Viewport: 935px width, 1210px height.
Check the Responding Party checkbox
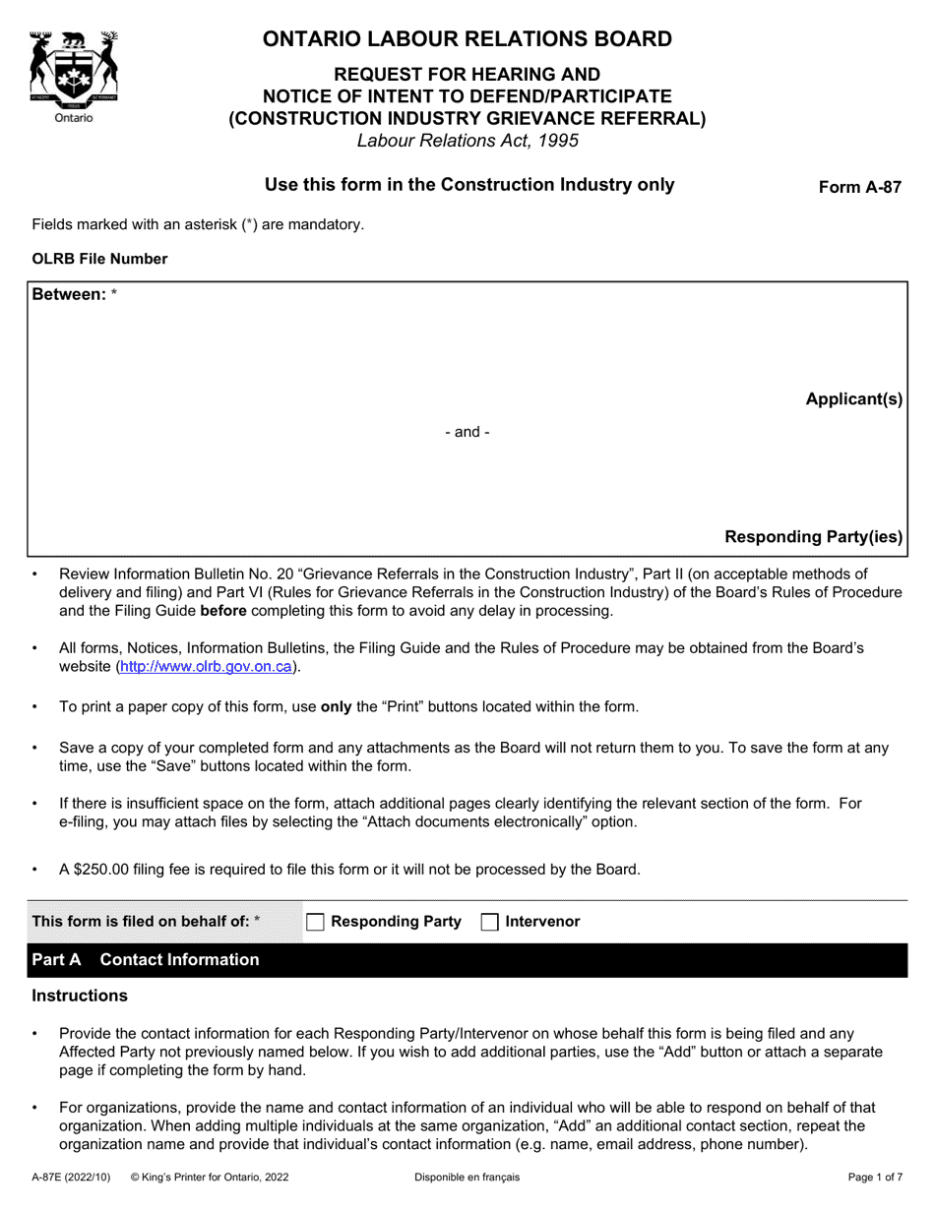tap(315, 922)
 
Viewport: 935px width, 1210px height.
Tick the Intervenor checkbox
tap(489, 922)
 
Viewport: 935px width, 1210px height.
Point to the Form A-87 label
tap(859, 188)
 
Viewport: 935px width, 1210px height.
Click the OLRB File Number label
tap(99, 259)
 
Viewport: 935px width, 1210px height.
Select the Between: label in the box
tap(69, 294)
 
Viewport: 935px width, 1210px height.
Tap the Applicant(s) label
tap(853, 398)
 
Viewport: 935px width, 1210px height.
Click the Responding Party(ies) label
tap(813, 536)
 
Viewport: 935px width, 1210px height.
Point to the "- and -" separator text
tap(467, 432)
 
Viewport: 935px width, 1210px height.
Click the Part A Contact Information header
tap(146, 959)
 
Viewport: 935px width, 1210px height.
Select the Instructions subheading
tap(80, 996)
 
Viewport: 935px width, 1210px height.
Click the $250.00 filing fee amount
tap(105, 869)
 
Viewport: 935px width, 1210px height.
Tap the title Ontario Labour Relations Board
tap(467, 39)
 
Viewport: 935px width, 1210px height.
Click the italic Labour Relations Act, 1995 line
tap(467, 141)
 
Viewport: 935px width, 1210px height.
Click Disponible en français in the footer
tap(467, 1177)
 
